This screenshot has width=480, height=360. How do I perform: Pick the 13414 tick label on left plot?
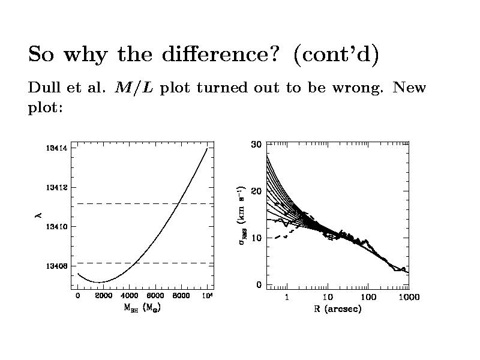[x=55, y=148]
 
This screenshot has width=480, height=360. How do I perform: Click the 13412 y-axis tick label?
[x=55, y=187]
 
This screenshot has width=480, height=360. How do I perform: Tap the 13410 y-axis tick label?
[x=55, y=226]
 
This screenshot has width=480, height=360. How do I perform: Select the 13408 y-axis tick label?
[x=55, y=266]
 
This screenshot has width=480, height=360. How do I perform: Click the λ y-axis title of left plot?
[x=38, y=215]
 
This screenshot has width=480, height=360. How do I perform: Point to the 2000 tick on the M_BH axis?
[x=103, y=296]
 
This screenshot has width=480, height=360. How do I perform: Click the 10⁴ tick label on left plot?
[x=207, y=296]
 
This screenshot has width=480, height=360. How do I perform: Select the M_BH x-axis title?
[x=142, y=309]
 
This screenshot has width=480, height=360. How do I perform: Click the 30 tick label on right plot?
[x=256, y=144]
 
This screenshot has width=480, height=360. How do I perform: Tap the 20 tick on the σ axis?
[x=256, y=191]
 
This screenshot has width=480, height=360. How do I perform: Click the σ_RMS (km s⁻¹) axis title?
[x=243, y=216]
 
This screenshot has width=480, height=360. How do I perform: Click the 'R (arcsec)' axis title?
[x=337, y=310]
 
